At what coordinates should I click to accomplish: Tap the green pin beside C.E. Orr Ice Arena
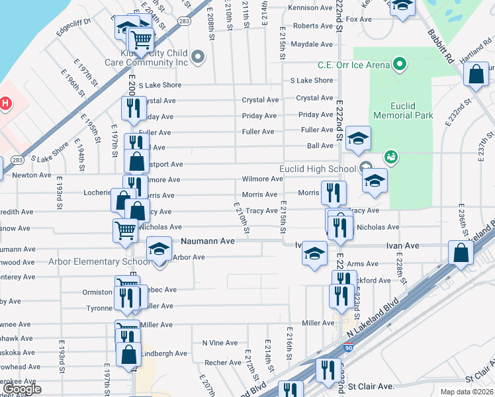coord(399,64)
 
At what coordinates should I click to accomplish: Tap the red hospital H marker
coord(6,103)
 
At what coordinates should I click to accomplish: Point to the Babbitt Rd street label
coord(439,46)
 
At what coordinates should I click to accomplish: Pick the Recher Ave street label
coord(222,363)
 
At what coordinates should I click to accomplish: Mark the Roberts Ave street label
coord(313,26)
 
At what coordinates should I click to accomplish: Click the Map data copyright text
coord(467,392)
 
